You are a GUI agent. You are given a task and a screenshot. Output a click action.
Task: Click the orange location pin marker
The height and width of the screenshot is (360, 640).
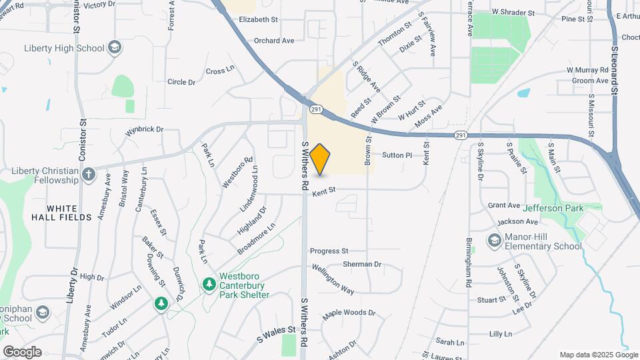pyautogui.click(x=320, y=159)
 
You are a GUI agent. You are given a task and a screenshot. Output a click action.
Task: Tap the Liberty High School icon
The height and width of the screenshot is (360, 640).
pyautogui.click(x=115, y=47)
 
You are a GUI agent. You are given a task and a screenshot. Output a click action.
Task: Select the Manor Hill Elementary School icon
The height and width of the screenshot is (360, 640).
pyautogui.click(x=494, y=240)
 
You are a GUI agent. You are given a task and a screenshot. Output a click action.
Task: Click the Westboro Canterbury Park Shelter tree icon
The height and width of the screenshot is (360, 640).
pyautogui.click(x=209, y=285)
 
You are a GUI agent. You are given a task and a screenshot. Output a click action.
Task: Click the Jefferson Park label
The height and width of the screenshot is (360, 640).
pyautogui.click(x=553, y=208)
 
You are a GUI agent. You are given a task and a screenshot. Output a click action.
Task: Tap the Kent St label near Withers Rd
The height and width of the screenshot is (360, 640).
pyautogui.click(x=323, y=191)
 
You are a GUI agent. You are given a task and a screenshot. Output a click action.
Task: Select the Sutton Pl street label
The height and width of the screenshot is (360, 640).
pyautogui.click(x=397, y=155)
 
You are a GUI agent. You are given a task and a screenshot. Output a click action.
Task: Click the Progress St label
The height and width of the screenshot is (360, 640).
pyautogui.click(x=329, y=251)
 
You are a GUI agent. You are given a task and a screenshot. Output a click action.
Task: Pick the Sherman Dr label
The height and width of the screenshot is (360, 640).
pyautogui.click(x=362, y=264)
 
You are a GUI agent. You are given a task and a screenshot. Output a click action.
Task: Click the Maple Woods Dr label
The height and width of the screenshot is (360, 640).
pyautogui.click(x=349, y=313)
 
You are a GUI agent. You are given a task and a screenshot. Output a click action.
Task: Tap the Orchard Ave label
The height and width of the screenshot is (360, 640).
pyautogui.click(x=273, y=41)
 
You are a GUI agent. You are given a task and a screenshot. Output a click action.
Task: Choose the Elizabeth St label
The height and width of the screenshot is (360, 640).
pyautogui.click(x=258, y=20)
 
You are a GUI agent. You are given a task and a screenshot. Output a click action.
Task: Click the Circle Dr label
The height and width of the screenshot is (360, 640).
pyautogui.click(x=181, y=82)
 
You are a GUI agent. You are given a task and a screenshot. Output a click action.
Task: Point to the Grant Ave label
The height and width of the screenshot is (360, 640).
pyautogui.click(x=503, y=205)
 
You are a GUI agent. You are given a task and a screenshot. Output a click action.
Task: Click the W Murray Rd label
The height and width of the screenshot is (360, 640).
pyautogui.click(x=589, y=70)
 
